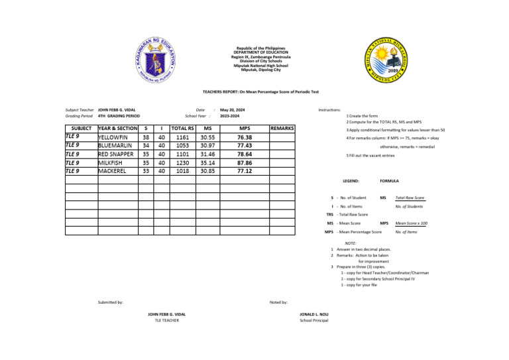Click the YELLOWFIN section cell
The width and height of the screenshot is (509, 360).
coord(117,137)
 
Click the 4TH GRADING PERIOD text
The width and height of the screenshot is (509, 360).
coord(119,116)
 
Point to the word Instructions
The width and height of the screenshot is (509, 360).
coord(329,109)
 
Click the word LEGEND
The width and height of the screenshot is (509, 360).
coord(351,180)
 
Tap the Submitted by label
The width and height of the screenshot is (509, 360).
coord(111,302)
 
